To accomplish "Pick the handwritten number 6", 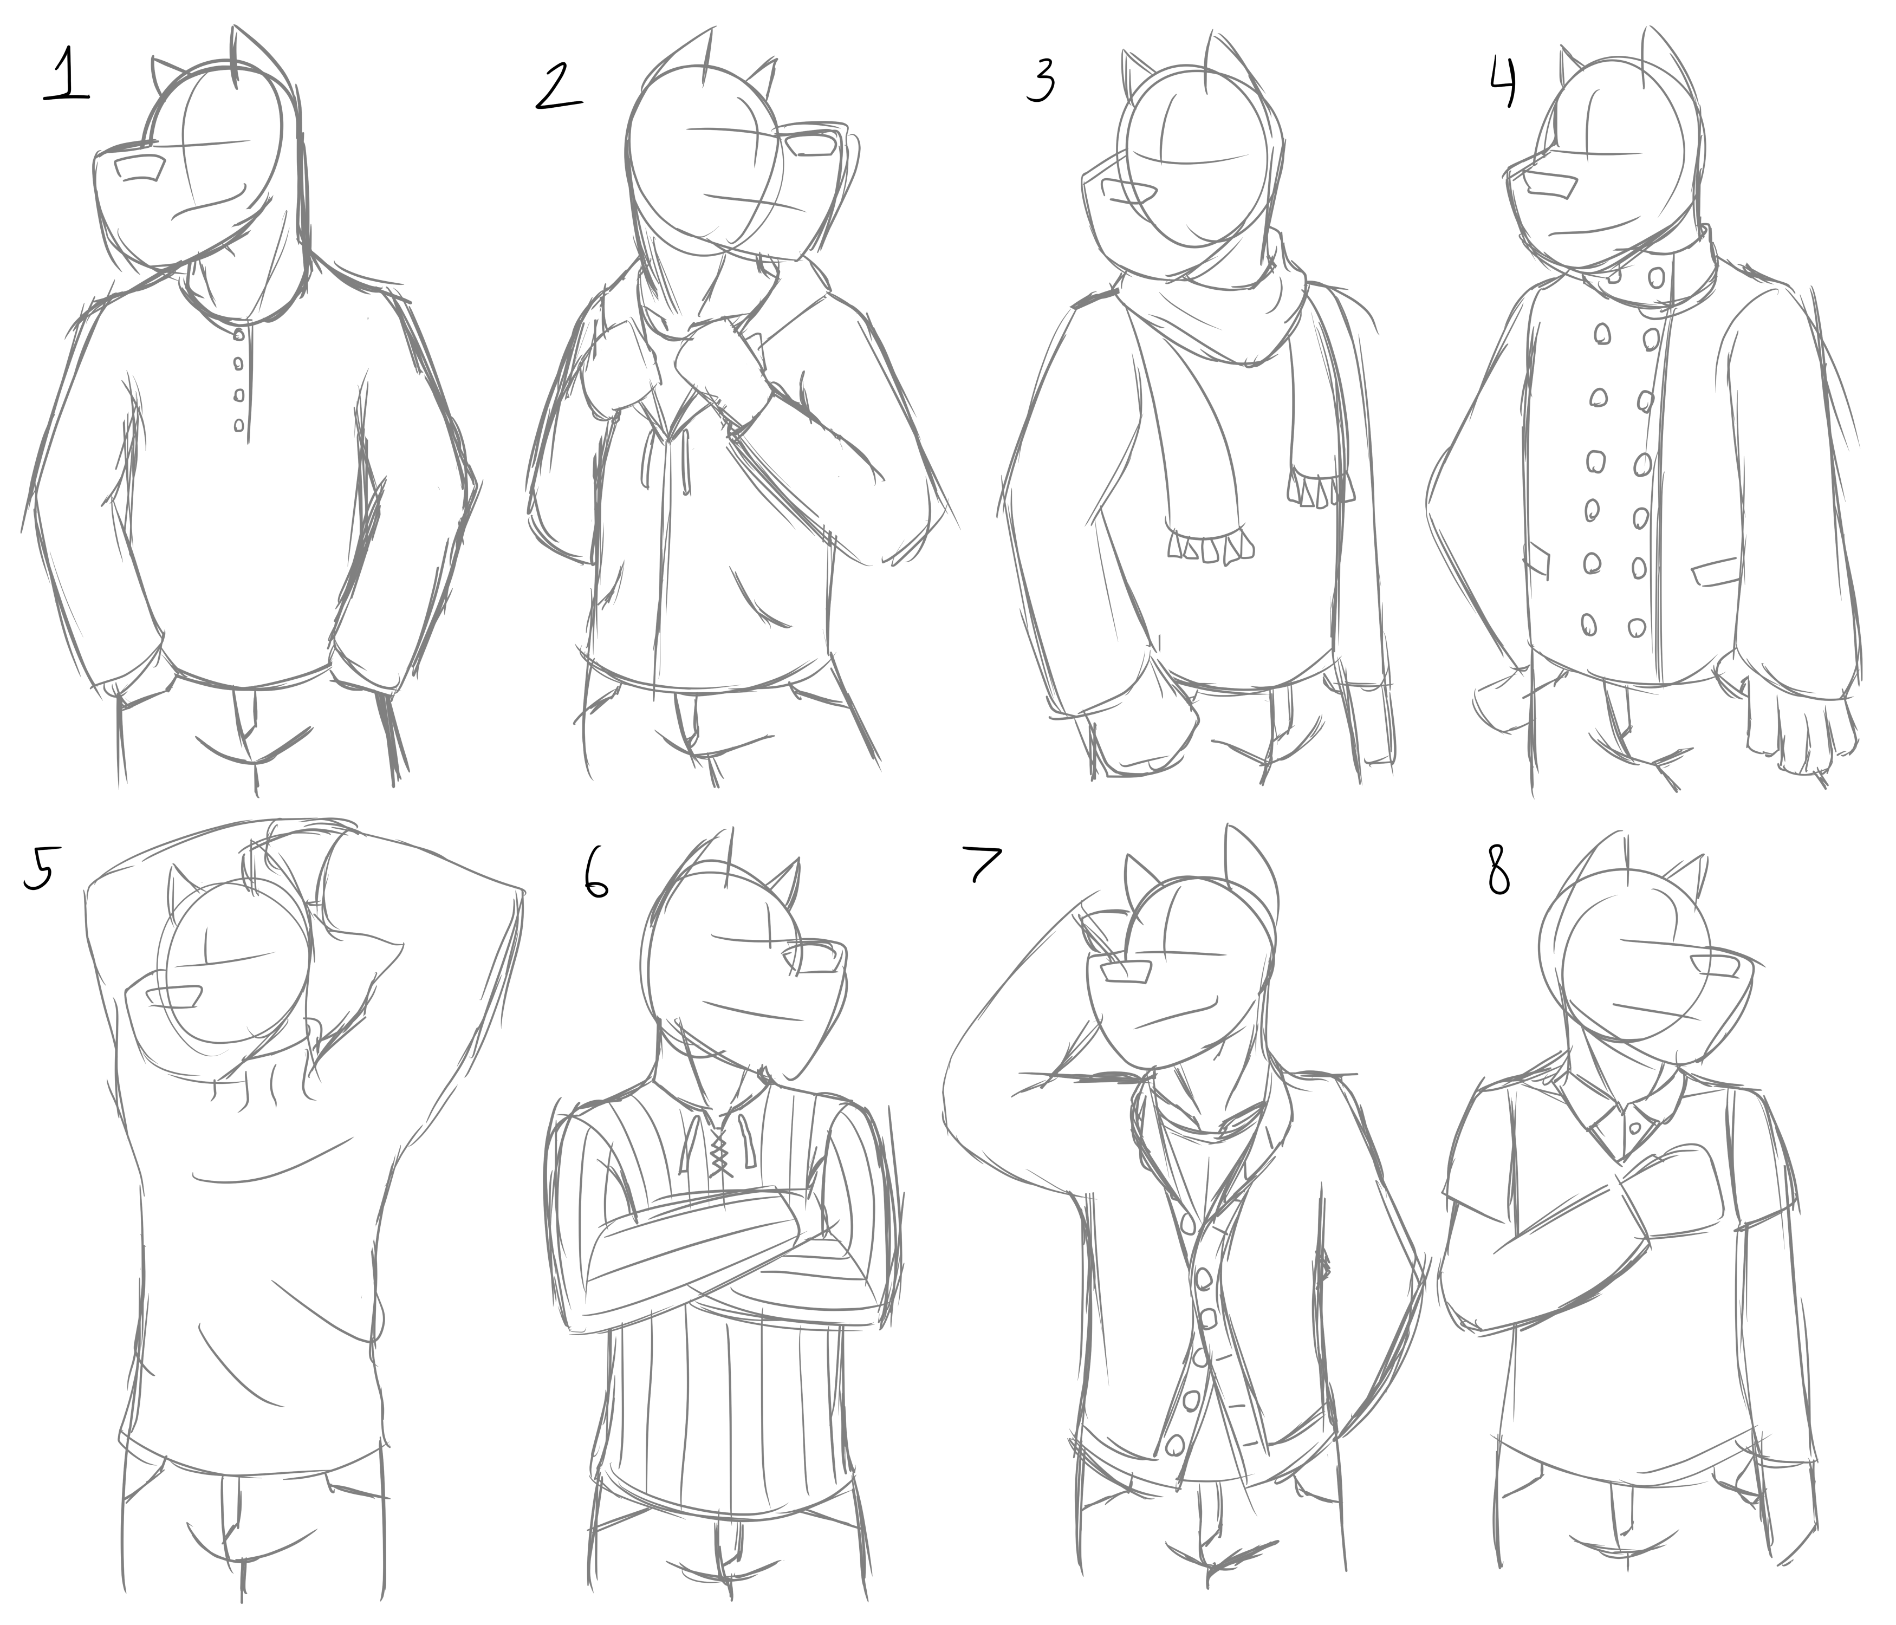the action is click(x=595, y=876).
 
